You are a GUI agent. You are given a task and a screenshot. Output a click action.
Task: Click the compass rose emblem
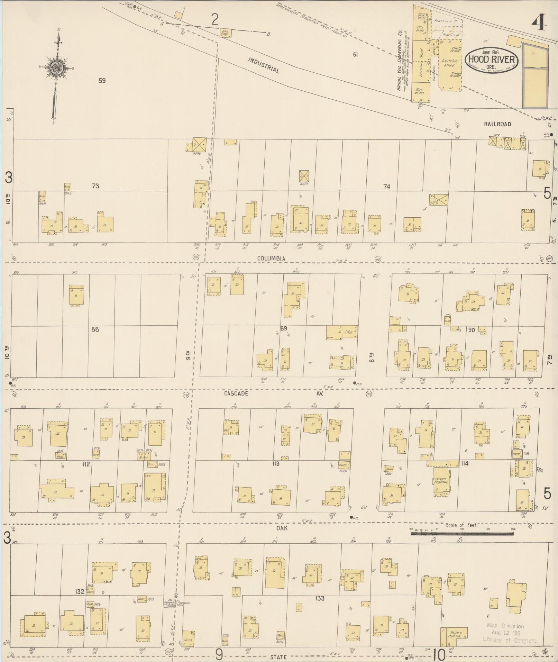point(55,67)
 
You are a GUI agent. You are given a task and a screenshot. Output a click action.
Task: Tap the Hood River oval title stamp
point(492,60)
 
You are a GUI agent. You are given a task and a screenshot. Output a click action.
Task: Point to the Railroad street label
point(497,124)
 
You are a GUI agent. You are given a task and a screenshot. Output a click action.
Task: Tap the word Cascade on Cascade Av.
point(236,393)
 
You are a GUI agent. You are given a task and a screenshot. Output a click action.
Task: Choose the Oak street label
point(282,528)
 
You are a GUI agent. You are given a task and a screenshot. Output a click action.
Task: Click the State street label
point(279,657)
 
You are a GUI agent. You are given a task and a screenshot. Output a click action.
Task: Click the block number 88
point(95,329)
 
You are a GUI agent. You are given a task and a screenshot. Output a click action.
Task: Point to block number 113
point(275,464)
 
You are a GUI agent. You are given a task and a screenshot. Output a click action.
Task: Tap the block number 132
point(80,592)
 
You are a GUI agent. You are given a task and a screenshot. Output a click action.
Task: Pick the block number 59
point(102,81)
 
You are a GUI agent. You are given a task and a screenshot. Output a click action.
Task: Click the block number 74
point(386,187)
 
